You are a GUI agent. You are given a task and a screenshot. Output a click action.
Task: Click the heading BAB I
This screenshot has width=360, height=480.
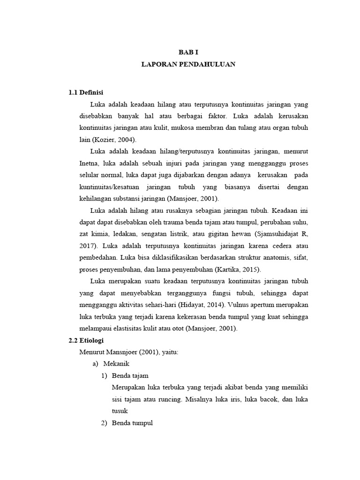click(x=188, y=53)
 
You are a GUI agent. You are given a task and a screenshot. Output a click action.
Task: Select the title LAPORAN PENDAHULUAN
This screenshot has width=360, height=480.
click(x=188, y=65)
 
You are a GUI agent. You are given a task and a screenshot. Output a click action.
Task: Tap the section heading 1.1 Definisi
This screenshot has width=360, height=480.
click(x=86, y=92)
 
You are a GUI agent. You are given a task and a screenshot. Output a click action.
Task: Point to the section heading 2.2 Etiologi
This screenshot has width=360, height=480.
click(x=86, y=340)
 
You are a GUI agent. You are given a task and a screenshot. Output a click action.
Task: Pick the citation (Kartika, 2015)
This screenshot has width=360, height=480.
click(x=238, y=270)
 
